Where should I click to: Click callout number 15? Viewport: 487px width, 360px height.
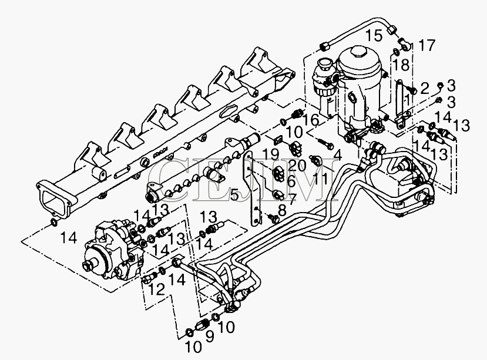point(374,36)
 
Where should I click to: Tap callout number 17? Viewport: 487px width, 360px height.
point(426,45)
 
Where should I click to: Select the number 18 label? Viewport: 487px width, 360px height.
point(400,66)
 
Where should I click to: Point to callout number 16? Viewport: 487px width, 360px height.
point(311,120)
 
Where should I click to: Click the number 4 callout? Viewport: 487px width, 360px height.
point(338,155)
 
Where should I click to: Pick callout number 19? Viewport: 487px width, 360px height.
point(272,154)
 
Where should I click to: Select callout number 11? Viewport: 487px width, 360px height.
point(320,179)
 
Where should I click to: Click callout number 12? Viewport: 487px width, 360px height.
point(156,290)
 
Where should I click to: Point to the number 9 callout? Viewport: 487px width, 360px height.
point(210,337)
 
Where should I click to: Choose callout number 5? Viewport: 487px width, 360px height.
point(235,195)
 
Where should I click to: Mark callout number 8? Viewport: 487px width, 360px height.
point(282,211)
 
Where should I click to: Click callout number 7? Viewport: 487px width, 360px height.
point(293,198)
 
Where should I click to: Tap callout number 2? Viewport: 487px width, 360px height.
point(425,88)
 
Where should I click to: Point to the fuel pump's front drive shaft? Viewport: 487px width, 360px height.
point(89,266)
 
